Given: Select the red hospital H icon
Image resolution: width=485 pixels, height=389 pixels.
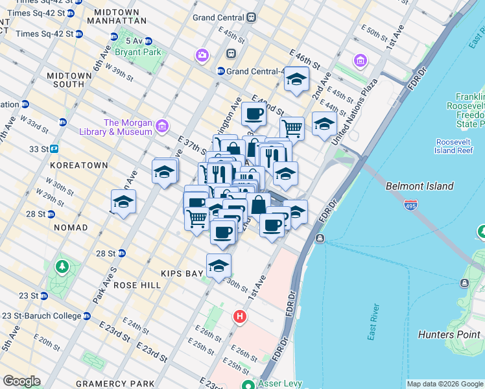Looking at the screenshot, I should [240, 317].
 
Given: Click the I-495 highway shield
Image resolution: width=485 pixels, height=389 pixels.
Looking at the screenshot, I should [410, 206].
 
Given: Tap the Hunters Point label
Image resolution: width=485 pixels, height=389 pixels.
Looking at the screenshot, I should [450, 335].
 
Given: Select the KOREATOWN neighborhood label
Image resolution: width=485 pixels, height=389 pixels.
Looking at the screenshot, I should [78, 165].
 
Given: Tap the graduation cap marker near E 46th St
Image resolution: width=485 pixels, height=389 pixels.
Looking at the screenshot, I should [296, 79].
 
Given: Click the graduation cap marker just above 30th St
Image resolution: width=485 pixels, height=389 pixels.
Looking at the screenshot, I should [219, 266].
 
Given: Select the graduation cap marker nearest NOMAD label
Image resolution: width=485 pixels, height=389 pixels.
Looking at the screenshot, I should [123, 202].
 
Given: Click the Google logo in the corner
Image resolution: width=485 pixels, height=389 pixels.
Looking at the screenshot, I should [21, 381].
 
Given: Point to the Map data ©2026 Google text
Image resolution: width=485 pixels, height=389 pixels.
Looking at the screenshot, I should [444, 384].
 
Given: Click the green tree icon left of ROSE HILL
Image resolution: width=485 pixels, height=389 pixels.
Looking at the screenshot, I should [62, 266].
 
